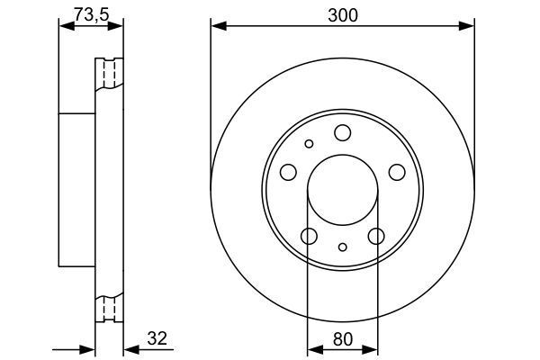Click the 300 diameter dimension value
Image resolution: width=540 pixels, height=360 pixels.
click(342, 15)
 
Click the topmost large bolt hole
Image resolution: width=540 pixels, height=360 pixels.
click(342, 133)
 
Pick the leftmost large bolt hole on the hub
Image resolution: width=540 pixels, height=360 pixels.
click(288, 172)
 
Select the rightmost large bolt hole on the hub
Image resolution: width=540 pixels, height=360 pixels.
click(396, 172)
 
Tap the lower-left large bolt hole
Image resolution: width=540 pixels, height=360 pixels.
click(309, 236)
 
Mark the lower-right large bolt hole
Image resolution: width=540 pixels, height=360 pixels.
click(375, 236)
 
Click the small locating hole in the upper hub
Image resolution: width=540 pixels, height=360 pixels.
click(309, 143)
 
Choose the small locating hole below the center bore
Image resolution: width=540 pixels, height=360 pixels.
click(342, 247)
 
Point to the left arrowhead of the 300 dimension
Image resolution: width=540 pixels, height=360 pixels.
click(216, 27)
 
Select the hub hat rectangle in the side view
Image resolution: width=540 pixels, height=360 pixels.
click(77, 190)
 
